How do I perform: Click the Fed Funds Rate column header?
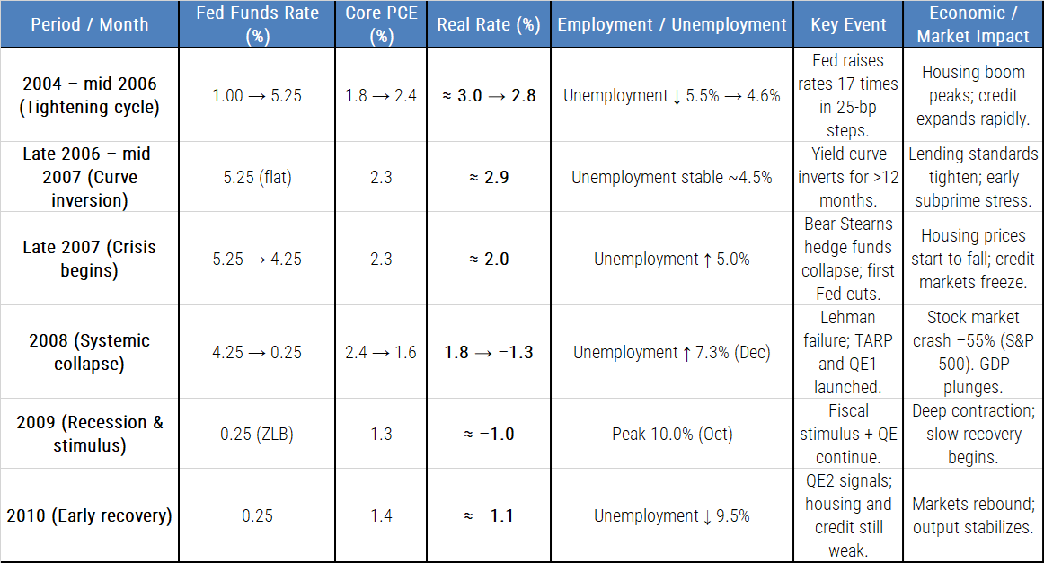tap(257, 24)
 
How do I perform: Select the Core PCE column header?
tap(381, 24)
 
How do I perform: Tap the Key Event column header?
tap(848, 24)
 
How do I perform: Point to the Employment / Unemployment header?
tap(671, 24)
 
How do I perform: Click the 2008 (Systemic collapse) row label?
tap(89, 352)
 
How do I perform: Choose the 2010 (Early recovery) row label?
tap(89, 515)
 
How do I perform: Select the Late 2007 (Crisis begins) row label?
tap(89, 259)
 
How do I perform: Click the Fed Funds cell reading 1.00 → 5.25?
tap(257, 95)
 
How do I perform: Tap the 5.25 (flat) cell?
tap(257, 177)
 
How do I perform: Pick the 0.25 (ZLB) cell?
tap(257, 434)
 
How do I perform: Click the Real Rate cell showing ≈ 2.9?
tap(488, 177)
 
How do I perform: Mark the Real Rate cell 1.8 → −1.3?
tap(488, 352)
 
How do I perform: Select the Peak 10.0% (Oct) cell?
tap(671, 434)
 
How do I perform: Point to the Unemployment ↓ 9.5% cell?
tap(671, 515)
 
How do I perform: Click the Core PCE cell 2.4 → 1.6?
tap(381, 352)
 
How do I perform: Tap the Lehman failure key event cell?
tap(848, 352)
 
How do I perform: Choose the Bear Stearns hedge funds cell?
tap(848, 259)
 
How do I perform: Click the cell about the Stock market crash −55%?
tap(973, 352)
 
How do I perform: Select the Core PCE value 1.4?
tap(381, 515)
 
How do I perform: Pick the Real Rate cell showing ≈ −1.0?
tap(488, 434)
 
